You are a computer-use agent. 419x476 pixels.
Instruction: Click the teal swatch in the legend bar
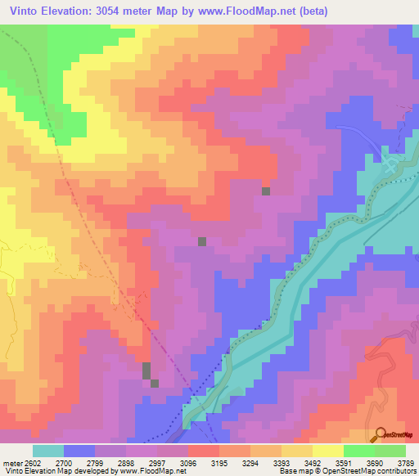(48, 451)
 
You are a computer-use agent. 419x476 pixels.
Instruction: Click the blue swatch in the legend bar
(79, 451)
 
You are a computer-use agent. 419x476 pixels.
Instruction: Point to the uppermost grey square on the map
(266, 191)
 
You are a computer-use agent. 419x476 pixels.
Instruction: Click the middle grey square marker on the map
(202, 241)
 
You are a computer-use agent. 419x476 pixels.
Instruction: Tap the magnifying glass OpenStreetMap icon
(381, 434)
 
